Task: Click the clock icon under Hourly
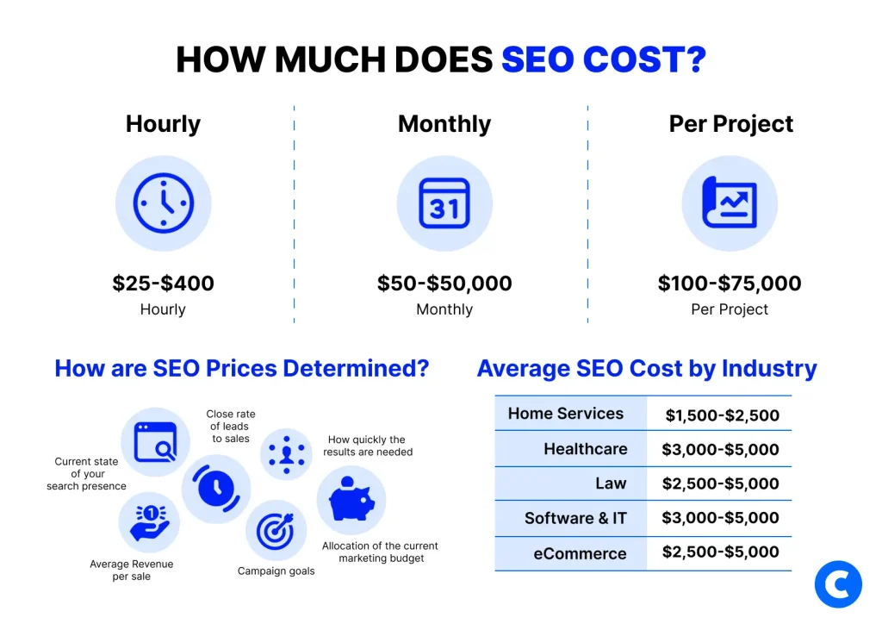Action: pos(163,204)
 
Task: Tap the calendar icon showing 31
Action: pos(444,204)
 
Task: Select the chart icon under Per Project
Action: pos(730,204)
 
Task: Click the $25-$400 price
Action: pos(163,284)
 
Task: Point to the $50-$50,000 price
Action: pos(444,284)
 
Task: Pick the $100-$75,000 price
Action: pos(730,284)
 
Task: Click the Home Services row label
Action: pos(566,414)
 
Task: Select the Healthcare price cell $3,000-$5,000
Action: pos(720,449)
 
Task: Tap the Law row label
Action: pos(611,483)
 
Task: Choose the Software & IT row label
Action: pos(575,518)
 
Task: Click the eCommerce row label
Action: pos(580,553)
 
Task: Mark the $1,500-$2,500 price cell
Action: pos(722,415)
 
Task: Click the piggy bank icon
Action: pos(351,500)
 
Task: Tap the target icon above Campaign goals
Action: pos(276,531)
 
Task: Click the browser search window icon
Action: pos(155,442)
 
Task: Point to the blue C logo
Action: pos(838,585)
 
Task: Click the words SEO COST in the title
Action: pos(604,59)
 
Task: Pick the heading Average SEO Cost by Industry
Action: pos(647,369)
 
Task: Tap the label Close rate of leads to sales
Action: pos(231,427)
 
